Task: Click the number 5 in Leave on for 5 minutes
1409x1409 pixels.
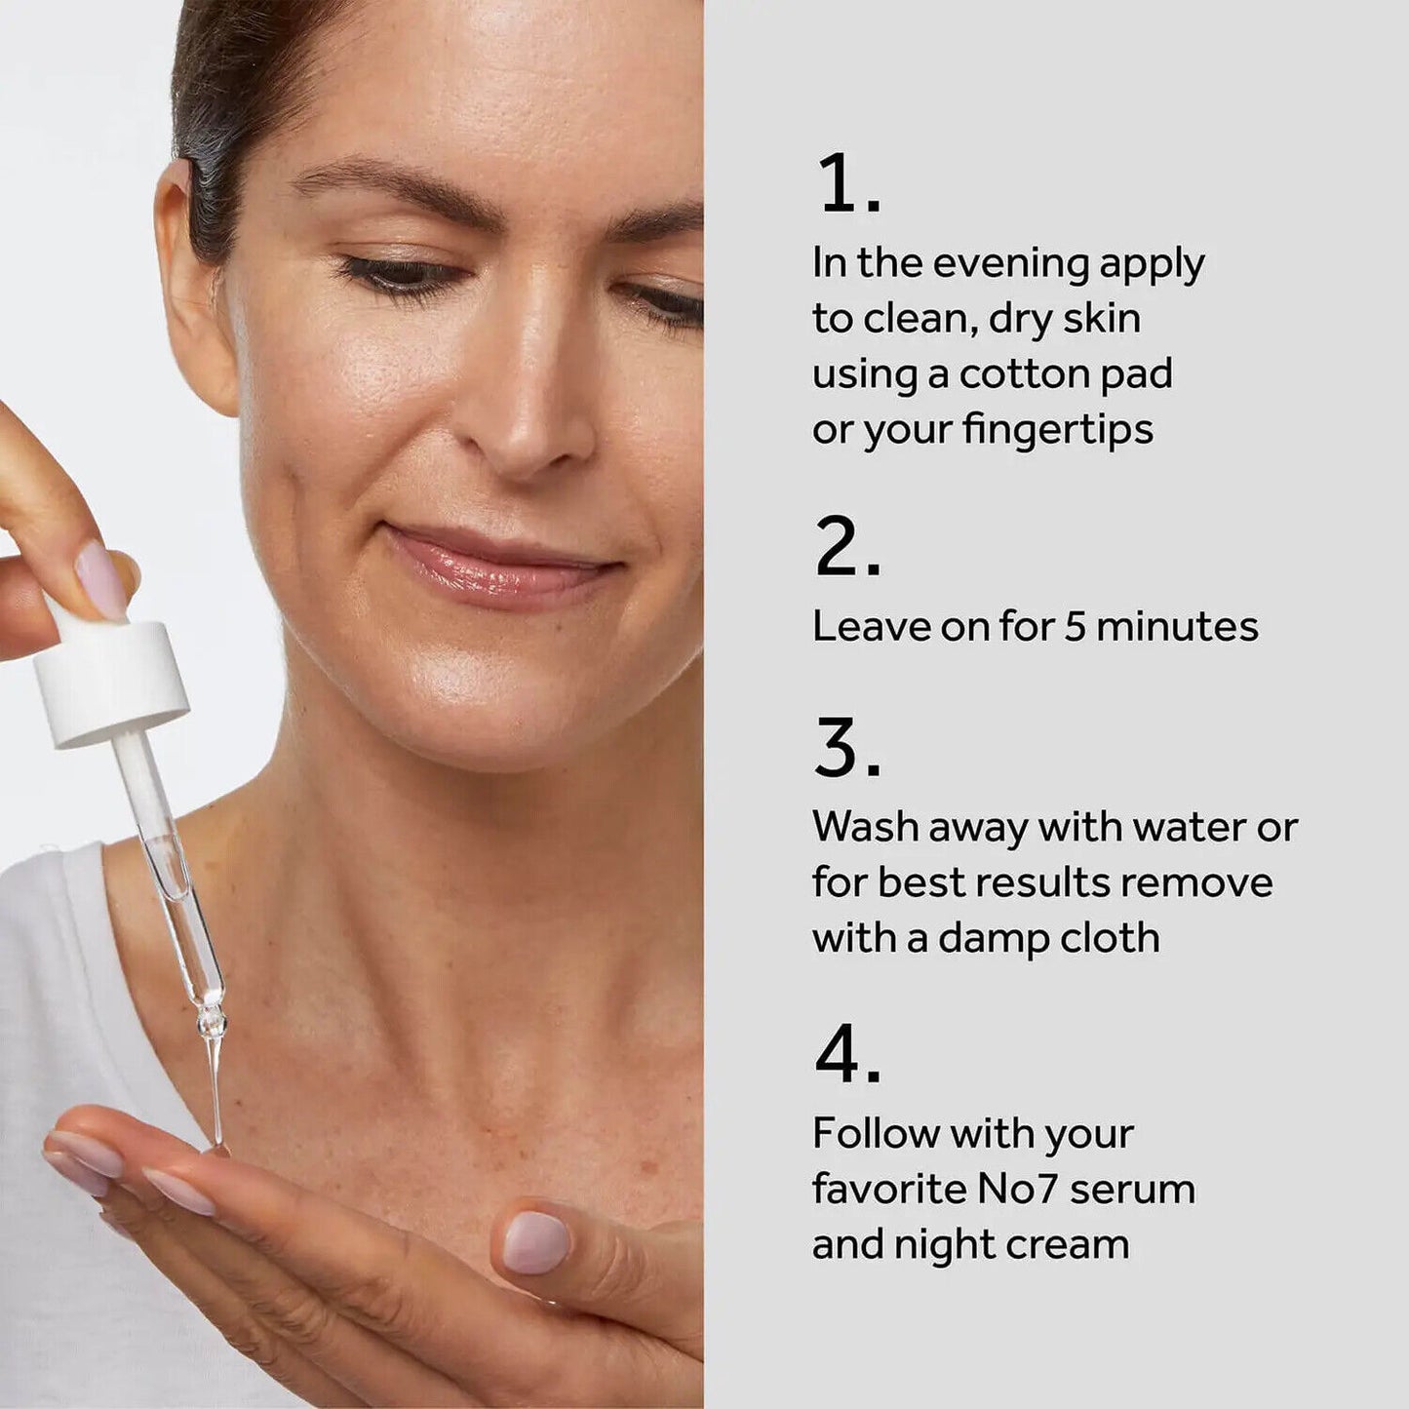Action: click(1075, 626)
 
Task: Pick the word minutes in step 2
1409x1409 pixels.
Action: click(1177, 626)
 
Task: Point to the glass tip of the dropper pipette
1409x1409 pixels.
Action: click(214, 1082)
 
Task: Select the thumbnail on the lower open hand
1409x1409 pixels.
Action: click(535, 1241)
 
